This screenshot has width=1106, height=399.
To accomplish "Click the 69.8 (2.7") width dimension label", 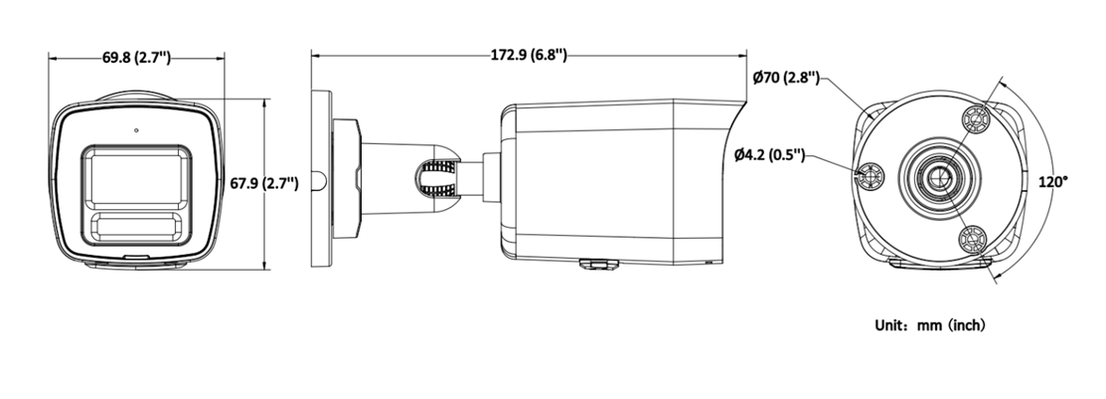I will click(137, 58).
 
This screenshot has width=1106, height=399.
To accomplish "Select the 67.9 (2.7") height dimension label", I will click(264, 183).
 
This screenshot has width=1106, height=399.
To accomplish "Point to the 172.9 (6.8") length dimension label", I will click(529, 55).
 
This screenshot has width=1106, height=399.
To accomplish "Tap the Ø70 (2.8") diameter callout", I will click(786, 77).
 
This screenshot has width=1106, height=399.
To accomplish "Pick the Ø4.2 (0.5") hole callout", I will click(770, 154).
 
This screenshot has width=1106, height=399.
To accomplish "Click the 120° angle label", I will click(1052, 183).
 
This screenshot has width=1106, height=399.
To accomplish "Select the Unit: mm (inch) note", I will click(929, 325).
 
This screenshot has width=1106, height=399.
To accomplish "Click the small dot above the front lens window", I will click(136, 129).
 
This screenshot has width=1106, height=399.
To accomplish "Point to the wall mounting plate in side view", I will click(322, 179).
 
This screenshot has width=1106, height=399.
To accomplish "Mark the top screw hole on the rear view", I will click(978, 119).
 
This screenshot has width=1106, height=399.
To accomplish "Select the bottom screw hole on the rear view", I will click(975, 239).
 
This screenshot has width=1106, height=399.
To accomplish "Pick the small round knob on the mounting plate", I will click(315, 181).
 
